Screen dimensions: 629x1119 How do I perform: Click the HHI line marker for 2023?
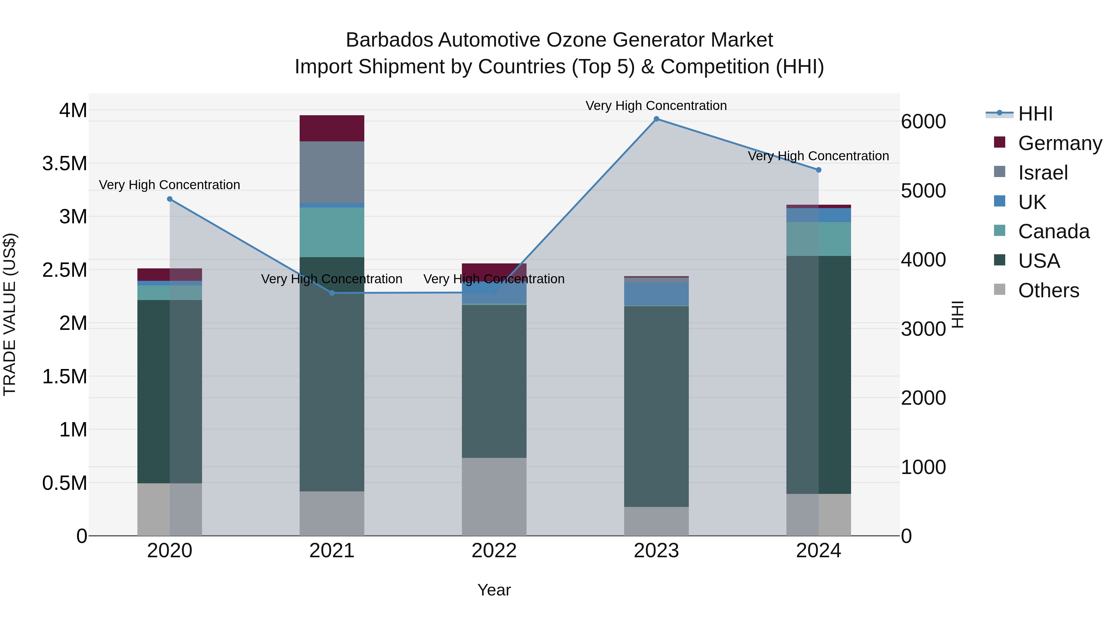[x=656, y=119]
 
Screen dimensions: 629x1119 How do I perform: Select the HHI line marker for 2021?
[x=332, y=293]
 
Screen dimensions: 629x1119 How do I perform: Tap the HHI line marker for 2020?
[x=170, y=199]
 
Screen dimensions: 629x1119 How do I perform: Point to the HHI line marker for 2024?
[x=819, y=170]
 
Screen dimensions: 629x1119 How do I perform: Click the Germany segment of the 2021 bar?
[x=332, y=129]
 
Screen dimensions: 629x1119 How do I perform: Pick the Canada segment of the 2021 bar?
[x=332, y=232]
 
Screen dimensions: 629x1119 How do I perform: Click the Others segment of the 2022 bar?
[x=494, y=497]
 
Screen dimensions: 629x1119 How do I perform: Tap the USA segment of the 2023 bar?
[x=656, y=406]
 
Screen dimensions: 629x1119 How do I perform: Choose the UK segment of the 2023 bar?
[x=656, y=294]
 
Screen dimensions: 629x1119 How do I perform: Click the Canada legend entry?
[x=1053, y=231]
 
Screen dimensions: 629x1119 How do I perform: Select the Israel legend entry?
[x=1043, y=173]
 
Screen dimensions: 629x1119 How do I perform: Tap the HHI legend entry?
[x=1035, y=114]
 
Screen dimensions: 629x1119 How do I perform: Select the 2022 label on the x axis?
[x=494, y=551]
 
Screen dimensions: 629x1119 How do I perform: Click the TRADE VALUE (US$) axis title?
[x=10, y=314]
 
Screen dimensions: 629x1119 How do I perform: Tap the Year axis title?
[x=494, y=590]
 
